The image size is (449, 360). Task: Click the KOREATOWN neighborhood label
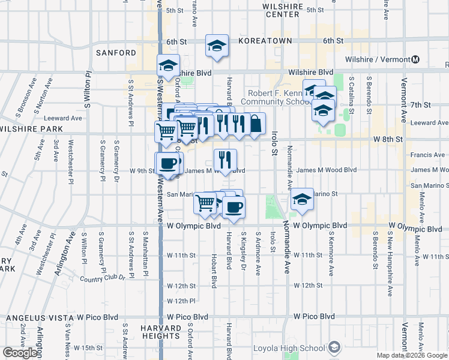pos(265,41)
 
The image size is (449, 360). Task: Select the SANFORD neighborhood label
pos(116,53)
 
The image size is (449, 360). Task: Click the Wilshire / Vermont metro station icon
pos(415,59)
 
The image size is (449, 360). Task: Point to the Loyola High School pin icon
pos(334,347)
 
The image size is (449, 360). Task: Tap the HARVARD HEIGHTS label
pos(161,333)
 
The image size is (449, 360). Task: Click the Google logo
pos(20,353)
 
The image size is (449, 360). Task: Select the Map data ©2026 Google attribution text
pos(412,355)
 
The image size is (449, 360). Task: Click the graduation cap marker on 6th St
pos(216,46)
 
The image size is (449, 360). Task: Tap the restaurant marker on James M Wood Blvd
pos(225,160)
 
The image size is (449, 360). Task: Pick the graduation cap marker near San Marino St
pos(302,200)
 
